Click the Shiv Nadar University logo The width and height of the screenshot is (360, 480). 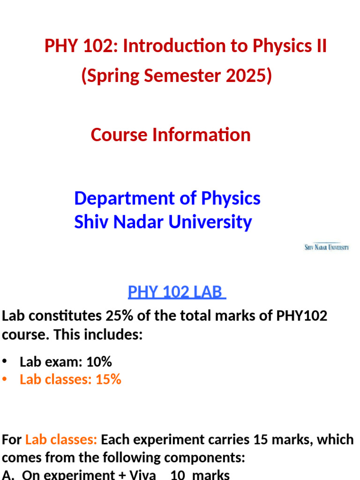[x=327, y=247]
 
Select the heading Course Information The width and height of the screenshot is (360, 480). [x=171, y=135]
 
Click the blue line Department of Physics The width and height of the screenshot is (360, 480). [x=167, y=198]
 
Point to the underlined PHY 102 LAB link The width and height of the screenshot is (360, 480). [x=177, y=292]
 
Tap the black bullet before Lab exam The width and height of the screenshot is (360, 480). [x=5, y=362]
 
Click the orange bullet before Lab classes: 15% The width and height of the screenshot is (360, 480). [x=5, y=380]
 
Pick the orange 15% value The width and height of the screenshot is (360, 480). [x=108, y=380]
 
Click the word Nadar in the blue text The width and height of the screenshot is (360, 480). [x=141, y=222]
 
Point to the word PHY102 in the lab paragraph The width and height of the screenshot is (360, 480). [x=302, y=316]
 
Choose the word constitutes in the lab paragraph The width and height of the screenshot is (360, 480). [x=61, y=316]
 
